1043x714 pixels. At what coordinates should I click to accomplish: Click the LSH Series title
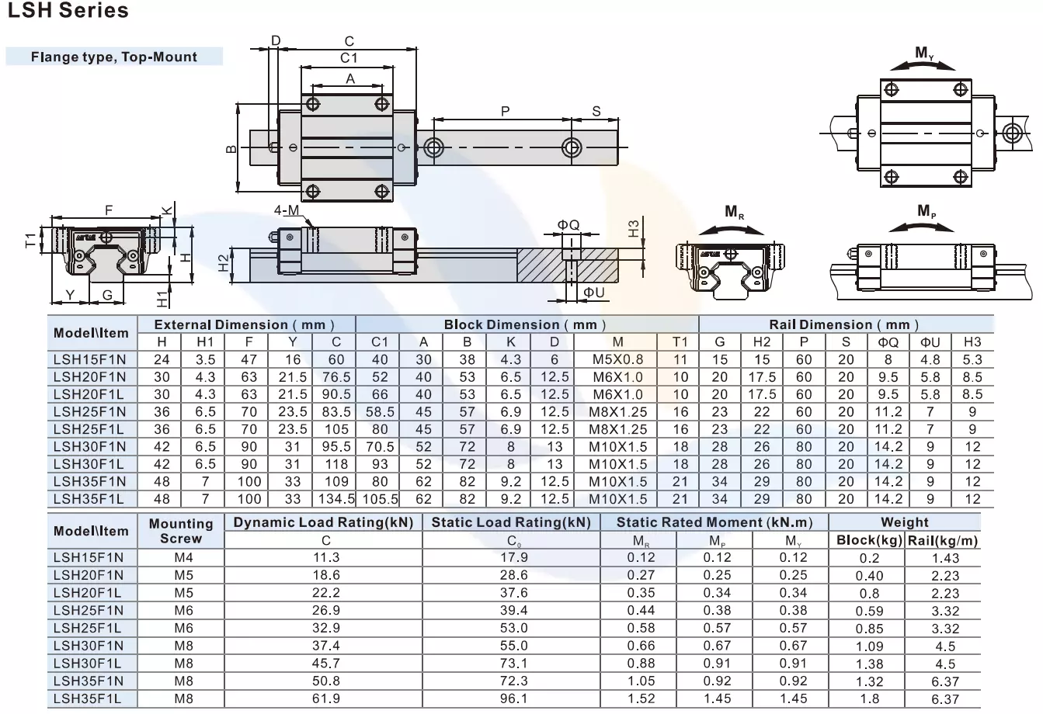click(x=67, y=11)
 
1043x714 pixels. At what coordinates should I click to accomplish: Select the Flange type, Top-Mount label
click(x=114, y=57)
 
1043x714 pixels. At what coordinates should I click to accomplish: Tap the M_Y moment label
click(x=924, y=53)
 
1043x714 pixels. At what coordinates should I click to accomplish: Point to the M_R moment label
click(x=734, y=212)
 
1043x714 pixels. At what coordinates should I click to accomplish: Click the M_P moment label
click(x=927, y=211)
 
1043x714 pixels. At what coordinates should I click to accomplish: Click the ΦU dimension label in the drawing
click(x=594, y=292)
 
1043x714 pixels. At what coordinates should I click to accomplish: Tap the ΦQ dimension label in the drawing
click(x=568, y=225)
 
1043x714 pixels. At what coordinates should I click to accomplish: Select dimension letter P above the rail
click(x=505, y=111)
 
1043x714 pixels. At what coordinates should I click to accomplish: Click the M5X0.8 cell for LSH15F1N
click(x=617, y=359)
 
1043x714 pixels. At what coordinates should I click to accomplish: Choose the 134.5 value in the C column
click(x=336, y=499)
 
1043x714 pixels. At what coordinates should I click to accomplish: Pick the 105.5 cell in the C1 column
click(x=379, y=499)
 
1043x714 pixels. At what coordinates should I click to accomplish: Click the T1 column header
click(x=680, y=341)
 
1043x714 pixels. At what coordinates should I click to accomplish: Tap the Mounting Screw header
click(x=181, y=531)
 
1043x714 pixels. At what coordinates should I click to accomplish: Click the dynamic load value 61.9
click(x=325, y=698)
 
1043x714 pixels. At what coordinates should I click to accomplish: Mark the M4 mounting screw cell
click(x=184, y=557)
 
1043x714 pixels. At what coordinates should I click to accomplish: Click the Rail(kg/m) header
click(x=943, y=540)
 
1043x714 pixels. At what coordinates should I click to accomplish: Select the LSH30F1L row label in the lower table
click(x=88, y=664)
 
